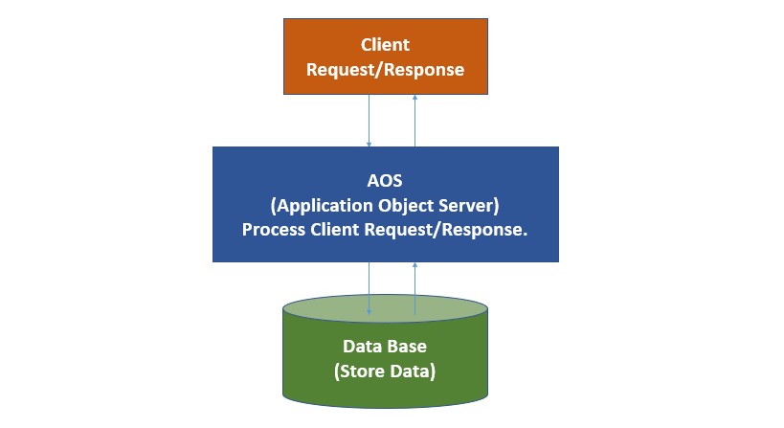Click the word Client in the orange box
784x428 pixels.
coord(385,45)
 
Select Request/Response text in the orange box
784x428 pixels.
coord(385,69)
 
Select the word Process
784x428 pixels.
coord(273,230)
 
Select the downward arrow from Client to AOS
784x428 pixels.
coord(370,120)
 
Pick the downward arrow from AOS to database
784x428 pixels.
coord(370,287)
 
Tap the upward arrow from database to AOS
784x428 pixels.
coord(414,287)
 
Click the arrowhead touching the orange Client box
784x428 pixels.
coord(414,98)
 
